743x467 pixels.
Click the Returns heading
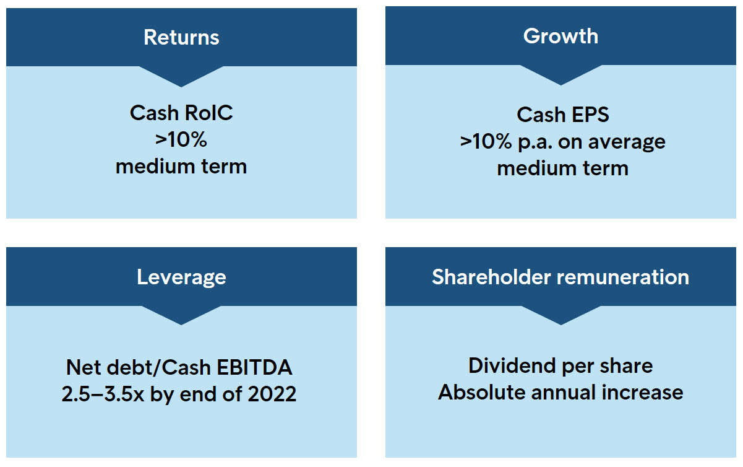[x=181, y=37]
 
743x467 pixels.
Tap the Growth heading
[x=561, y=35]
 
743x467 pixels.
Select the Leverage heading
[x=181, y=277]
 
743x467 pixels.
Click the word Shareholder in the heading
[x=491, y=277]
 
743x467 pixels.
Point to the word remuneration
[x=623, y=277]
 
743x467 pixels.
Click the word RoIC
[x=208, y=113]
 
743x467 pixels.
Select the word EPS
[x=590, y=115]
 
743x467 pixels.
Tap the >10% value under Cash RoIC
[x=181, y=139]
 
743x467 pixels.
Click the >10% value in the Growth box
[x=486, y=141]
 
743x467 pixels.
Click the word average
[x=627, y=142]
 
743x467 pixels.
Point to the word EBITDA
[x=254, y=367]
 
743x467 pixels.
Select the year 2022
[x=272, y=394]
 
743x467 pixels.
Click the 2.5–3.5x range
[x=103, y=394]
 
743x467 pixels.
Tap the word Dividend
[x=512, y=365]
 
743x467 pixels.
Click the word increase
[x=642, y=392]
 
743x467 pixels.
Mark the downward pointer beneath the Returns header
[x=181, y=76]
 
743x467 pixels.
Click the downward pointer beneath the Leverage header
[x=181, y=315]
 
